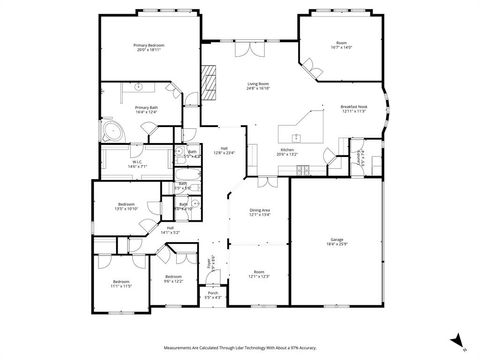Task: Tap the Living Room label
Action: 260,87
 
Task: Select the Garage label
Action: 337,242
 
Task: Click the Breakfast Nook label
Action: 355,108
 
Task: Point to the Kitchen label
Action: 287,152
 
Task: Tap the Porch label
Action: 213,296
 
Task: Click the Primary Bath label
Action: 146,109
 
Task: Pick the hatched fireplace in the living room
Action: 209,79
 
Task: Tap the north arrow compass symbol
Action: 456,340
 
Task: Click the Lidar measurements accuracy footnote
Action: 239,347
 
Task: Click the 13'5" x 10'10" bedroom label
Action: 111,206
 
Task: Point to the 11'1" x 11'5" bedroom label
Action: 121,284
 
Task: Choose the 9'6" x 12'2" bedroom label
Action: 173,278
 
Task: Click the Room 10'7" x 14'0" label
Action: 341,45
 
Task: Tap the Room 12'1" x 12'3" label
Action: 259,274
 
